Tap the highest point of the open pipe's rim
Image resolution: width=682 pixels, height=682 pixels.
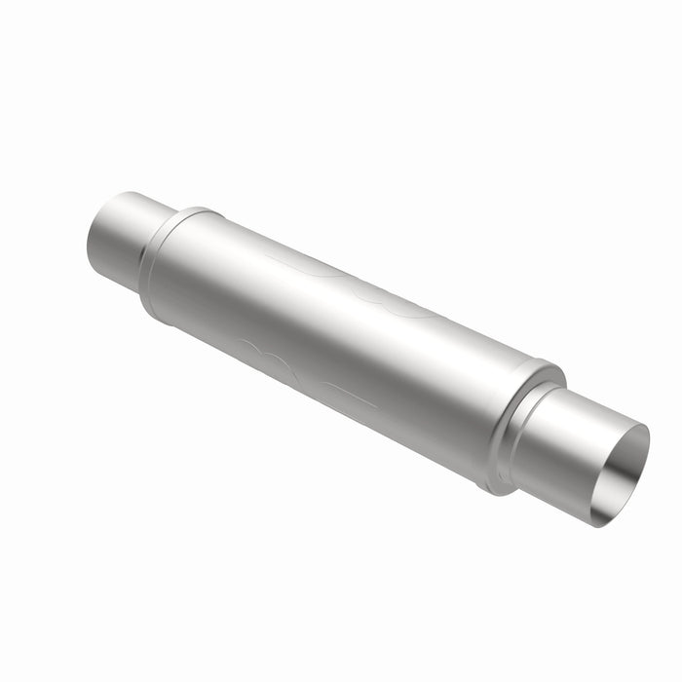click(638, 429)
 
